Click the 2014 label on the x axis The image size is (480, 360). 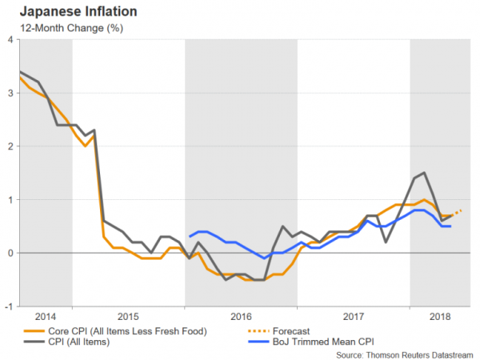(x=45, y=316)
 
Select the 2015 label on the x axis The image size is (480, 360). (x=129, y=316)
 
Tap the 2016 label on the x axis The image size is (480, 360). (x=241, y=316)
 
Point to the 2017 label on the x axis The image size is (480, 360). (x=354, y=316)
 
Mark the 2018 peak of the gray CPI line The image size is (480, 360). (x=424, y=173)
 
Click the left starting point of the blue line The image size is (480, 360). (x=190, y=237)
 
